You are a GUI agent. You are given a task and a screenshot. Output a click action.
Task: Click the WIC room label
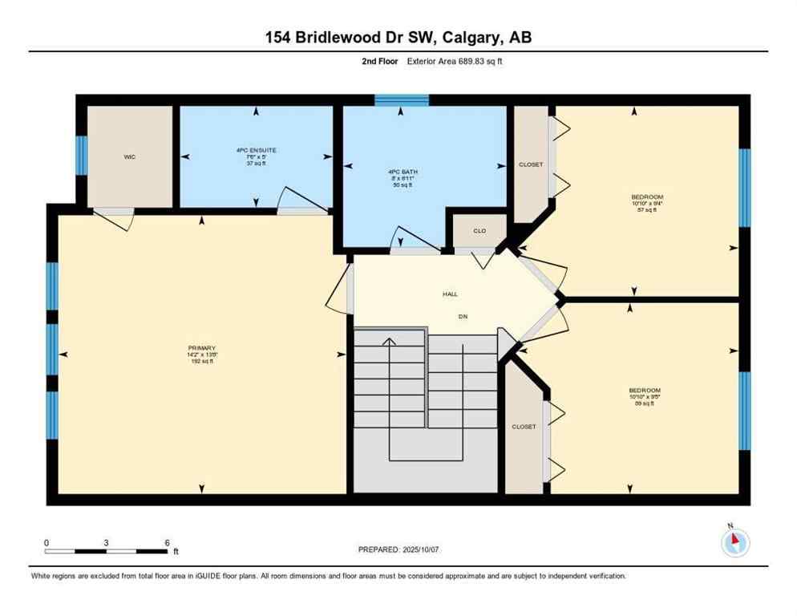pos(130,157)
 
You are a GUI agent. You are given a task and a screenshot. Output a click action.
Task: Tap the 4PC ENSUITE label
pos(256,150)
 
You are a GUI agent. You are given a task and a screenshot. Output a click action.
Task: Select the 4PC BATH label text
pos(403,172)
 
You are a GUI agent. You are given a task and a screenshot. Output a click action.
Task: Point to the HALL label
pos(451,294)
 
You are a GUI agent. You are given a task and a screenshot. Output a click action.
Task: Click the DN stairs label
pos(463,316)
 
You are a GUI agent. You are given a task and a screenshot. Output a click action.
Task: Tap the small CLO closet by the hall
pos(479,231)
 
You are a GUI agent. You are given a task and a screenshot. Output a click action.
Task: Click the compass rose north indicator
pos(734,543)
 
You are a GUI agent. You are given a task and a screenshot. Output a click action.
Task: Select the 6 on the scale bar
pos(167,542)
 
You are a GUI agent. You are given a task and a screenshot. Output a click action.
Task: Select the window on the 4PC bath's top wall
pos(402,100)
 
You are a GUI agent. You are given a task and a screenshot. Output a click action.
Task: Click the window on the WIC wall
pos(81,156)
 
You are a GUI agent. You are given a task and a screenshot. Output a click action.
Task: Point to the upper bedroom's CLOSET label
pos(531,165)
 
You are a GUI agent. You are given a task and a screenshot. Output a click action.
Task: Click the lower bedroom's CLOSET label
pos(524,427)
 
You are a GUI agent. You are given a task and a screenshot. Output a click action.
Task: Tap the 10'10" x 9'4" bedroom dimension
pos(646,204)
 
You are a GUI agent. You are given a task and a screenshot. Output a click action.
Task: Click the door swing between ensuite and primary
pos(297,201)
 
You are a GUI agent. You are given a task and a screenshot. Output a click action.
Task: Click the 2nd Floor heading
pos(379,61)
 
